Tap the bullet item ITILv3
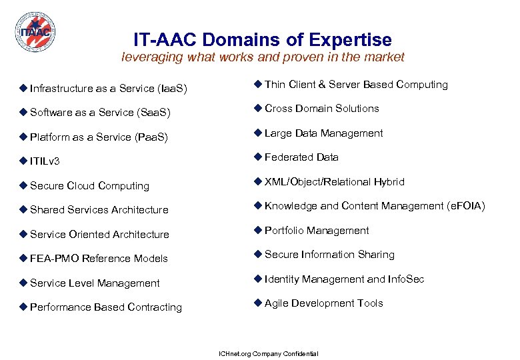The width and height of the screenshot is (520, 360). (45, 161)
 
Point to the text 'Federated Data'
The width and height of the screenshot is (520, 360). (301, 157)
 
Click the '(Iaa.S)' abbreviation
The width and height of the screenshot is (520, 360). (172, 89)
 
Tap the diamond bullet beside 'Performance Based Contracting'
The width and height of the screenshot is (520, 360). (23, 307)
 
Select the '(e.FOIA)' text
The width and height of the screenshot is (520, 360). (465, 206)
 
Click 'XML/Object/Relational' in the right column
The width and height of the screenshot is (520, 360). (315, 182)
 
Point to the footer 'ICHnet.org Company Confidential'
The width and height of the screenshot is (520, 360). (269, 353)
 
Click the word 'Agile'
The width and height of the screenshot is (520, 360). (277, 303)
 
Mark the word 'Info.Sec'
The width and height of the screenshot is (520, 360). (405, 279)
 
